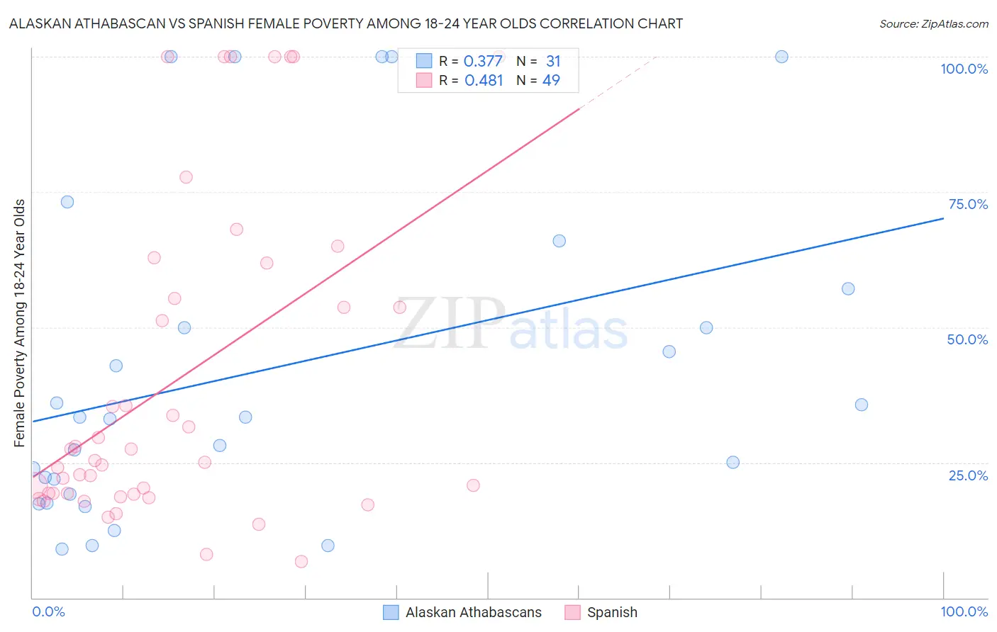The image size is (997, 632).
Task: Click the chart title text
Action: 346,23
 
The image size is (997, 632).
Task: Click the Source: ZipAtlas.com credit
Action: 933,23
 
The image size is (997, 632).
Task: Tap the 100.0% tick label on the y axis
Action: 964,69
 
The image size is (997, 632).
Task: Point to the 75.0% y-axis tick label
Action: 968,204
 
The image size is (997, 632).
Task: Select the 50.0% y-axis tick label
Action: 967,339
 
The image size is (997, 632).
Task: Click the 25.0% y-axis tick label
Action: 968,475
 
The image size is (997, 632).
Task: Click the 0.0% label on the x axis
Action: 48,611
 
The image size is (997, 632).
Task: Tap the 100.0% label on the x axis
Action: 964,611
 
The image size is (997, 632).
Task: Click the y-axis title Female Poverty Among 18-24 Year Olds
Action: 20,323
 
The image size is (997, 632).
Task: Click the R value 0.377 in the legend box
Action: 483,62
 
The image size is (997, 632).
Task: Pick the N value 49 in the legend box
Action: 551,81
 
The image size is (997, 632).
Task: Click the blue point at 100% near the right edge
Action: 781,57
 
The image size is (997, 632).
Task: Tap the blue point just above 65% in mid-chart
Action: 559,241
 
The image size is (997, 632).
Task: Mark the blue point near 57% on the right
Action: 848,288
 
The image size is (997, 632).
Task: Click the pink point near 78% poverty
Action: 186,177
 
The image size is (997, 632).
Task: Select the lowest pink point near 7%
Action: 301,561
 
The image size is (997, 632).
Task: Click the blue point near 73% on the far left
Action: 67,202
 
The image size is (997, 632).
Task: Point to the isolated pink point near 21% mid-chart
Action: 473,485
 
